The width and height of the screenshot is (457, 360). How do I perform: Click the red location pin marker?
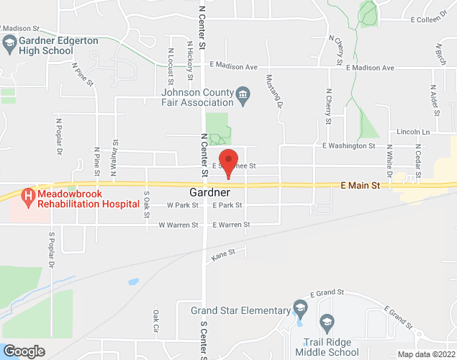click(x=229, y=161)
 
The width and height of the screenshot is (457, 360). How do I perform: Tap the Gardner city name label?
click(x=210, y=193)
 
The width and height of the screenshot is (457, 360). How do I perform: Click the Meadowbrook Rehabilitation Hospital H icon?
click(x=27, y=195)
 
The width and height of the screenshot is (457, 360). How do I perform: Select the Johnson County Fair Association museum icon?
click(x=243, y=94)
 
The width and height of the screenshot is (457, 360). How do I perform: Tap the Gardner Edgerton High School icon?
click(x=9, y=44)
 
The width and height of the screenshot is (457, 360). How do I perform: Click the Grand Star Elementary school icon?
click(x=301, y=310)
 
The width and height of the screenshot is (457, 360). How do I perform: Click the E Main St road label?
click(x=360, y=186)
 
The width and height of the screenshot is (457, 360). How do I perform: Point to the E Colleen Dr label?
click(x=432, y=20)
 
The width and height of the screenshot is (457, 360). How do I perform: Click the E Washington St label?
click(x=348, y=145)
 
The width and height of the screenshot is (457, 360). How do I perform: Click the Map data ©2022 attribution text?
click(x=427, y=354)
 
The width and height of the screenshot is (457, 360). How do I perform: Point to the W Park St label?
click(x=181, y=205)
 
